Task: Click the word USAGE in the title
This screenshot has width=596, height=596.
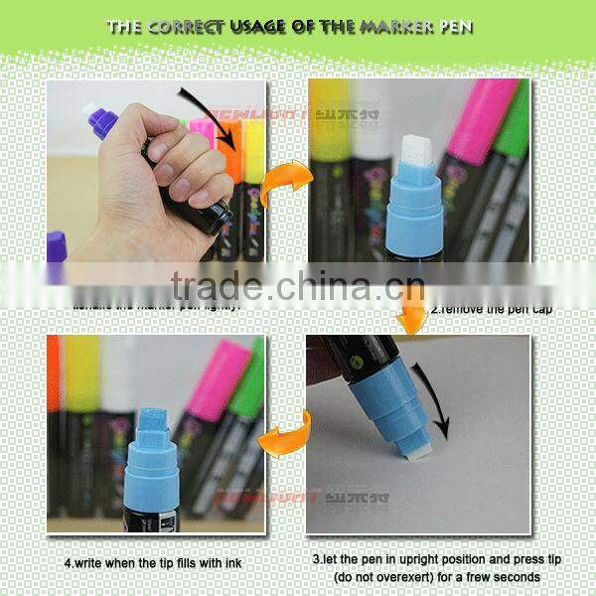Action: [x=262, y=27]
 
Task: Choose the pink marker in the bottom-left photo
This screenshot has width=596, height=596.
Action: [x=214, y=382]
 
